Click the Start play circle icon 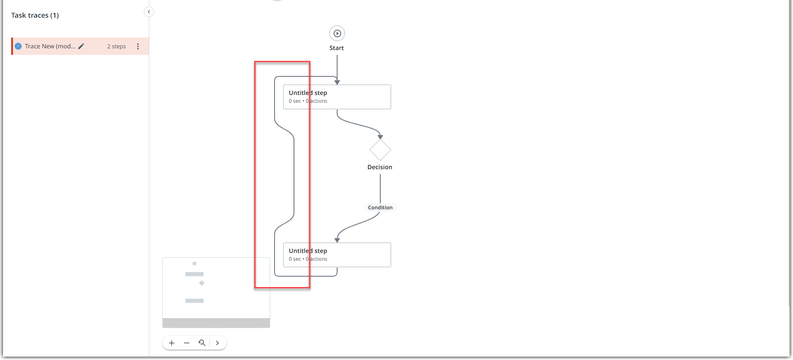pyautogui.click(x=337, y=33)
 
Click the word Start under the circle pyautogui.click(x=337, y=48)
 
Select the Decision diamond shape pyautogui.click(x=380, y=150)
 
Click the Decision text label pyautogui.click(x=380, y=167)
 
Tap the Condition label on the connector pyautogui.click(x=380, y=208)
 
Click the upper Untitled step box pyautogui.click(x=337, y=97)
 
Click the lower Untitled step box pyautogui.click(x=337, y=255)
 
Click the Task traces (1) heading pyautogui.click(x=35, y=15)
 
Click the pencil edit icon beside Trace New pyautogui.click(x=81, y=46)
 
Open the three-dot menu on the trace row pyautogui.click(x=138, y=46)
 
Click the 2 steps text pyautogui.click(x=117, y=46)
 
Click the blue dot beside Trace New pyautogui.click(x=18, y=46)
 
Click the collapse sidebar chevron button pyautogui.click(x=149, y=12)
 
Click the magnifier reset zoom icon pyautogui.click(x=202, y=343)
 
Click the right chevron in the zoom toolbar pyautogui.click(x=218, y=343)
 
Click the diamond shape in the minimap pyautogui.click(x=202, y=283)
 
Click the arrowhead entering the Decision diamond pyautogui.click(x=380, y=137)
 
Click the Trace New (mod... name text pyautogui.click(x=50, y=46)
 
